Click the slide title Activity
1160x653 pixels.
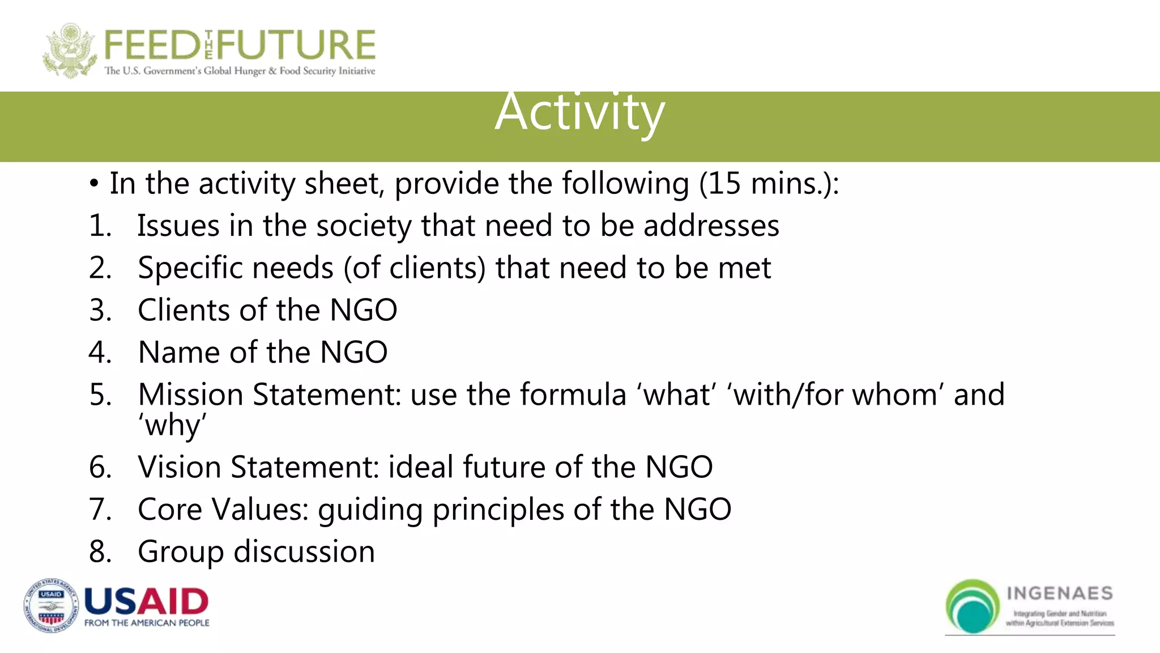[579, 112]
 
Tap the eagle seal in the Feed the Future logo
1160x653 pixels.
[69, 51]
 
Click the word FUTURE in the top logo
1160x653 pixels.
[297, 45]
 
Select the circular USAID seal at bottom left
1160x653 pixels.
[51, 606]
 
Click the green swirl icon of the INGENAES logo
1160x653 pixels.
[972, 606]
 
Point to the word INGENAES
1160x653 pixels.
[1060, 593]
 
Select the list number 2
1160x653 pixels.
[100, 268]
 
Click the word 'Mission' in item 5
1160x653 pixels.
[190, 395]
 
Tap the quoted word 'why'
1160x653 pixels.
[172, 426]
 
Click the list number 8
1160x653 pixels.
[100, 552]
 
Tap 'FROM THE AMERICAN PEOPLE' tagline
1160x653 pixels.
[147, 623]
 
